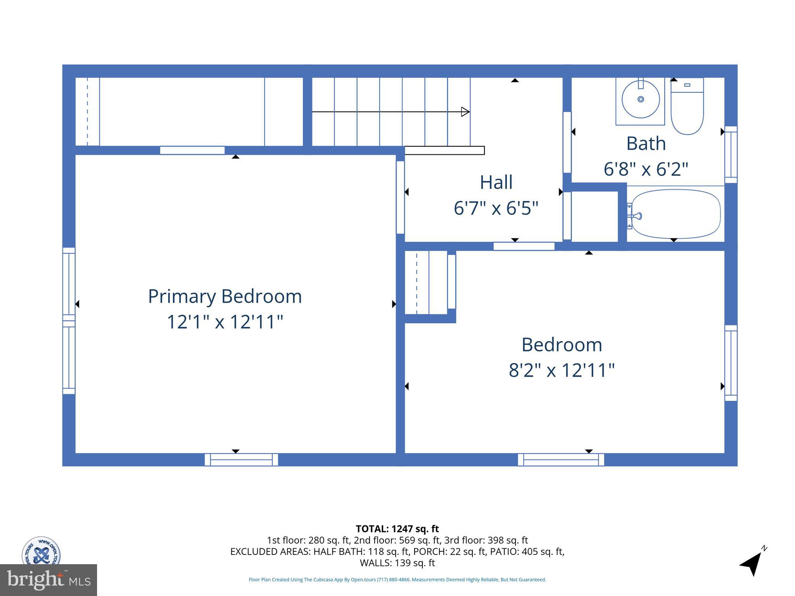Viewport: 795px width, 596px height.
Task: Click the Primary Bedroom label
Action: click(225, 296)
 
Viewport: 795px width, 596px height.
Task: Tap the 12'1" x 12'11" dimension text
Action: click(225, 322)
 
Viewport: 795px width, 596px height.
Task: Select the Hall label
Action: click(496, 182)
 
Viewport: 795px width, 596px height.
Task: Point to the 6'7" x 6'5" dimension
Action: click(496, 208)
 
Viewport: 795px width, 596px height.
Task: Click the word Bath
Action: click(646, 144)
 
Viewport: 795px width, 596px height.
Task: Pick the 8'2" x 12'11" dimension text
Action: click(562, 370)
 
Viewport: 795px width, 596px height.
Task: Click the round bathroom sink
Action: click(641, 99)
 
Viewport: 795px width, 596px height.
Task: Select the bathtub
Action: click(675, 214)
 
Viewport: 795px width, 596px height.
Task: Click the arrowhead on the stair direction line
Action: click(465, 112)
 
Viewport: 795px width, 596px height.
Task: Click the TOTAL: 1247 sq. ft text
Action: click(397, 529)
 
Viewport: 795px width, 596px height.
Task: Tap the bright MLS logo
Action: click(49, 580)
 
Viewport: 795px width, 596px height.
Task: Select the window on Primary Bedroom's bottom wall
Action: click(241, 460)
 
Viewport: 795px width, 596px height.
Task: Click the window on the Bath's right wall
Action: click(731, 154)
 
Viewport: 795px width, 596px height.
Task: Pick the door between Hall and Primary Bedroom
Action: click(400, 197)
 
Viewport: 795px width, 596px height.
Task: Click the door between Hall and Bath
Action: click(567, 142)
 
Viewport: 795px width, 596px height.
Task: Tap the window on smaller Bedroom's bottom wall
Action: click(561, 460)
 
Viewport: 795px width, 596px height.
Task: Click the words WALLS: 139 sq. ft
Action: click(397, 563)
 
